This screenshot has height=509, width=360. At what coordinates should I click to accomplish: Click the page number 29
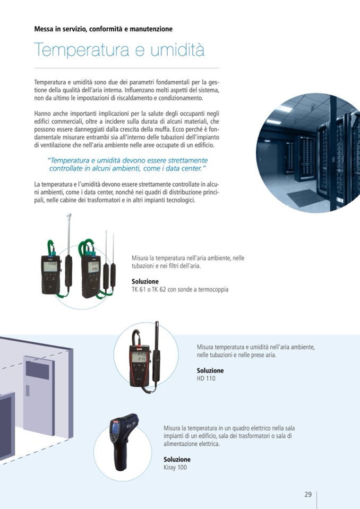(x=308, y=494)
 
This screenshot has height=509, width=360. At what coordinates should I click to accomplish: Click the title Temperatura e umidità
(x=119, y=50)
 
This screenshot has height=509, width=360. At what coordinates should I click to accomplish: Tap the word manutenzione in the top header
(x=151, y=29)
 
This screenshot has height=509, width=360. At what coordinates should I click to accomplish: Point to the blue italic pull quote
(x=127, y=164)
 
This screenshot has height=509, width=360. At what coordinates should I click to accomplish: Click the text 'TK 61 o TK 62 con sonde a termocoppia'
(x=180, y=289)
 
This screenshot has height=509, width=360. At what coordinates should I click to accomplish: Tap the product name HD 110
(x=206, y=378)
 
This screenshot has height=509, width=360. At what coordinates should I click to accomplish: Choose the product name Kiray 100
(x=175, y=467)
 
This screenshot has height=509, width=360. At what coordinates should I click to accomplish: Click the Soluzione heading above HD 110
(x=210, y=370)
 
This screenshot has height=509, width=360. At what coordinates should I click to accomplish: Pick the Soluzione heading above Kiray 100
(x=177, y=459)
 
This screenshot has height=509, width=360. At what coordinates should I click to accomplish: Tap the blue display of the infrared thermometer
(x=116, y=427)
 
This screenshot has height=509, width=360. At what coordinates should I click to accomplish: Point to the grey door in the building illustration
(x=39, y=394)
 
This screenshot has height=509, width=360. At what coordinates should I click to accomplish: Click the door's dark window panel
(x=37, y=370)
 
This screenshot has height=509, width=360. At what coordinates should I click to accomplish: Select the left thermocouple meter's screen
(x=50, y=266)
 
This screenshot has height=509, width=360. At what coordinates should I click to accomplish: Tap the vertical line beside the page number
(x=316, y=500)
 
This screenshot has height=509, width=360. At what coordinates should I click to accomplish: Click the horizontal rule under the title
(x=126, y=68)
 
